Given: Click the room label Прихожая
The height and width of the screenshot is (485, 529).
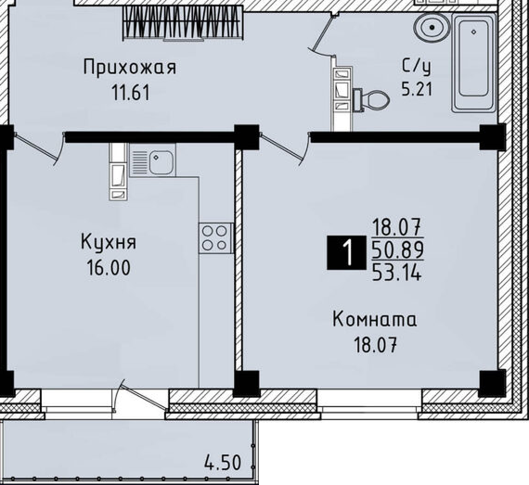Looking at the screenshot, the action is [x=130, y=68].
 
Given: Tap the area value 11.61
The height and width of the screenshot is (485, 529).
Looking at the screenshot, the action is [x=131, y=93].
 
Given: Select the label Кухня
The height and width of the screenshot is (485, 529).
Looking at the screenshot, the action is [x=109, y=242].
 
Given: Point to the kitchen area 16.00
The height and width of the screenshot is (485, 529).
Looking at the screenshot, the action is [x=109, y=268].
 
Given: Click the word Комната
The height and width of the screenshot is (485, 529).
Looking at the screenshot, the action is [x=375, y=320].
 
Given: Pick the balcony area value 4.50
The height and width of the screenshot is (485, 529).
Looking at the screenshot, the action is [x=223, y=463].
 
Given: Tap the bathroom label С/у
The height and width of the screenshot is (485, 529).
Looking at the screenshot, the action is [x=417, y=67].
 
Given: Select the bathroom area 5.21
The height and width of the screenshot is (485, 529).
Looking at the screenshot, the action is [x=417, y=89].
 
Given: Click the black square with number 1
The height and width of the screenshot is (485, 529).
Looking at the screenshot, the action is [x=346, y=252].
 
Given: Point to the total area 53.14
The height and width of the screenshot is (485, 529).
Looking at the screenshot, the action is [x=397, y=273].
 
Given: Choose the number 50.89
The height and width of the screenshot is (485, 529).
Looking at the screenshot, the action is [x=398, y=249].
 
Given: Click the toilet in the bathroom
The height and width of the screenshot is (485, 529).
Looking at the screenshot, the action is [x=371, y=100].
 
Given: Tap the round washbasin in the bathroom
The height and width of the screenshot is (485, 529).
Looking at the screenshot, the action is [x=432, y=28].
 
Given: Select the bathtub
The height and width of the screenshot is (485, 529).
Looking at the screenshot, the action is [x=474, y=63].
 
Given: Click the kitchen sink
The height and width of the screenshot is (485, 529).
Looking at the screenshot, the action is [x=152, y=160].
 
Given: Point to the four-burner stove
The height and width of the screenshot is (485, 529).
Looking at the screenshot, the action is [x=215, y=238].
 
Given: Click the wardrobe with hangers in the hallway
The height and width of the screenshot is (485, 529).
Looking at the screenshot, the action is [x=183, y=23].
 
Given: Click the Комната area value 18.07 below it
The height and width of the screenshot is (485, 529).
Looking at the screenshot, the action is [x=375, y=345].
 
